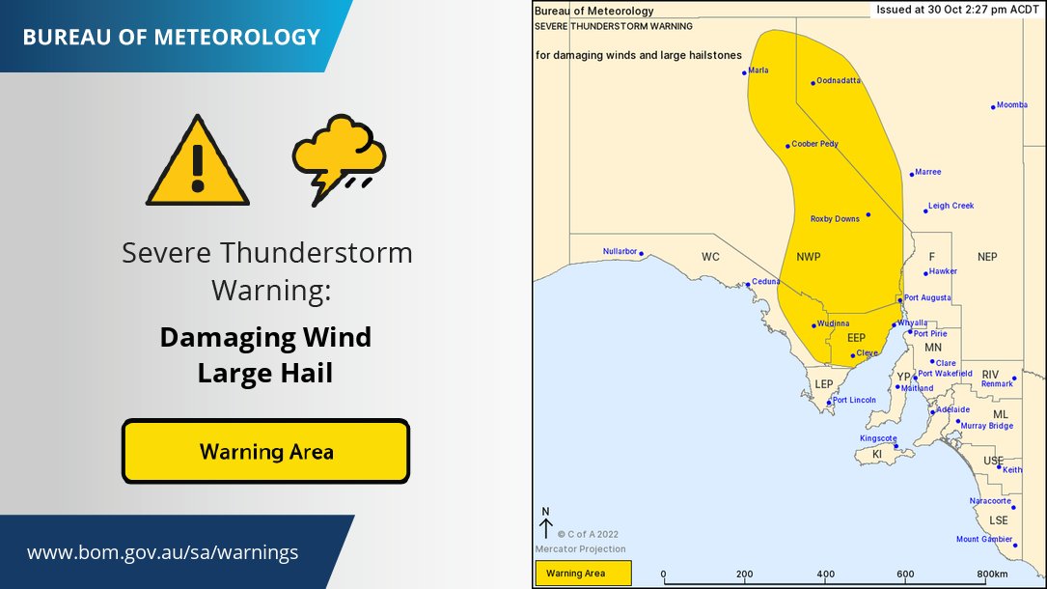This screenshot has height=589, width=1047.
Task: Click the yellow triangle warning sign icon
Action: coord(197,163)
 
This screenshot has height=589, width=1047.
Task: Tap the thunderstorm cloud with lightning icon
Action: coord(339,158)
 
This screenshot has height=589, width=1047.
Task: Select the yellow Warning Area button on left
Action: coord(265,451)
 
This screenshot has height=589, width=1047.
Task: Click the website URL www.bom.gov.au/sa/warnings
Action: coord(162,553)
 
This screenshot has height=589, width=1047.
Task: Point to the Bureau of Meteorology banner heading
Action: coord(171,38)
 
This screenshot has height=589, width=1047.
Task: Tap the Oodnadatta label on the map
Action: coord(838,81)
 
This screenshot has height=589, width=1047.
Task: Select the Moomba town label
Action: coord(1011,105)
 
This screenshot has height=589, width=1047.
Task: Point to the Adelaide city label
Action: coord(952,409)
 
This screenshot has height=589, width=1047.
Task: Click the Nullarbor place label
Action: coord(620,251)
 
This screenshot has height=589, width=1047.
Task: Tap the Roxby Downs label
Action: coord(835,219)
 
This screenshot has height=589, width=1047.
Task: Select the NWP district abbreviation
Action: coord(809,257)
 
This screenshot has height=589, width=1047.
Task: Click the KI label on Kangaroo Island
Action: coord(877,453)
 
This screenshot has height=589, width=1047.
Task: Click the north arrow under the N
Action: coord(545,529)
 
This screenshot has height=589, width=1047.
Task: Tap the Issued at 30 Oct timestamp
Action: coord(956,9)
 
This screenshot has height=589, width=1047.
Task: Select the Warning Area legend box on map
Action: coord(582,574)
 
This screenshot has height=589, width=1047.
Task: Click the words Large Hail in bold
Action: coord(264,372)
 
